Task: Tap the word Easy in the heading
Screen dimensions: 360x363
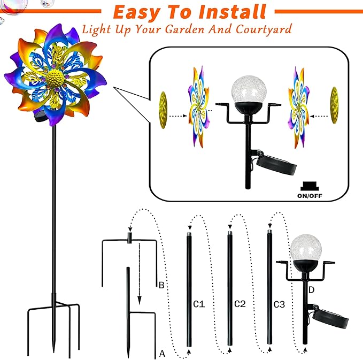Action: (141, 11)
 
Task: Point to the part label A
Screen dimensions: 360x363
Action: (162, 353)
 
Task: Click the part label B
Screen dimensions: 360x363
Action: (161, 285)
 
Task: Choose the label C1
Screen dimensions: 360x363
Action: (199, 304)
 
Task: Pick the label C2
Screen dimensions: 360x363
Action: (240, 304)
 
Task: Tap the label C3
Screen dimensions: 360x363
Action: (279, 304)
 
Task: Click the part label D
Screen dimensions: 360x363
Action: (311, 289)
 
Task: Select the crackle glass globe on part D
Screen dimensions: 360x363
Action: (302, 248)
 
